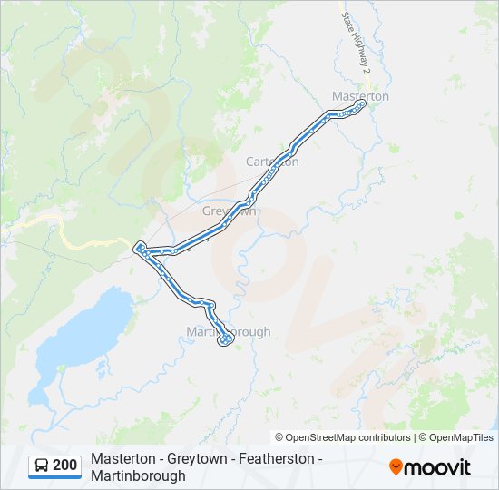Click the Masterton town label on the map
(360, 95)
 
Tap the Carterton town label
(272, 162)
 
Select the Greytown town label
(230, 211)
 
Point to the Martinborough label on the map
(228, 331)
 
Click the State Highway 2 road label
(355, 41)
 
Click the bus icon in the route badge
(42, 465)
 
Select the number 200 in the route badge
(65, 465)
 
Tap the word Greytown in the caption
(195, 460)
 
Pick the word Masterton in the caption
(122, 460)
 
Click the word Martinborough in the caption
(138, 475)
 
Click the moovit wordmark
(438, 467)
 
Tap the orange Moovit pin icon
(396, 467)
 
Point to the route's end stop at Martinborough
(224, 341)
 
